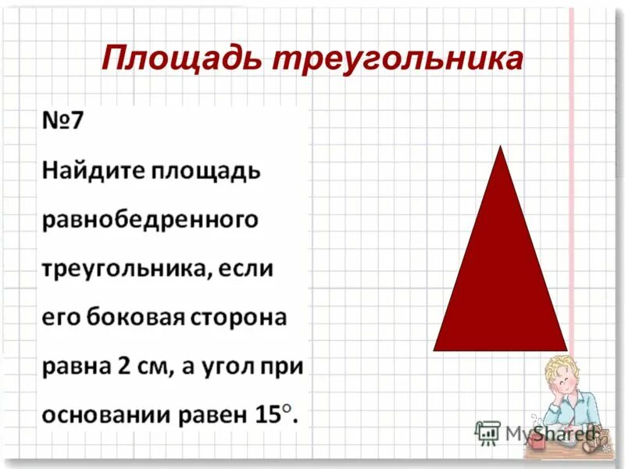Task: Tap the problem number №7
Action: click(63, 123)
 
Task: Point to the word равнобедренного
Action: click(148, 220)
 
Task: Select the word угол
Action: click(235, 367)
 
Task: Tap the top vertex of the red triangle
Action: click(501, 148)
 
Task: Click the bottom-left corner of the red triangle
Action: click(435, 349)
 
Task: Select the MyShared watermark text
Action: click(550, 432)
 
